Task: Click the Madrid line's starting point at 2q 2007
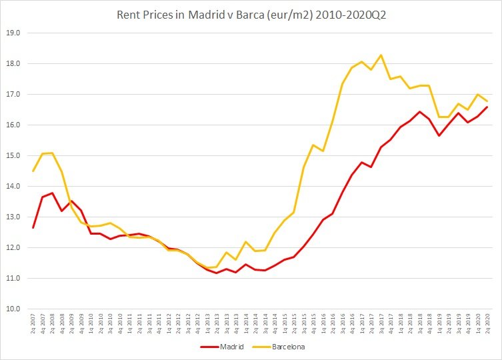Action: [x=33, y=228]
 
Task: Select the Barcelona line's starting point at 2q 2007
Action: [x=33, y=171]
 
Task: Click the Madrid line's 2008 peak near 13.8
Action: [x=52, y=193]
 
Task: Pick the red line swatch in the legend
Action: [x=209, y=347]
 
